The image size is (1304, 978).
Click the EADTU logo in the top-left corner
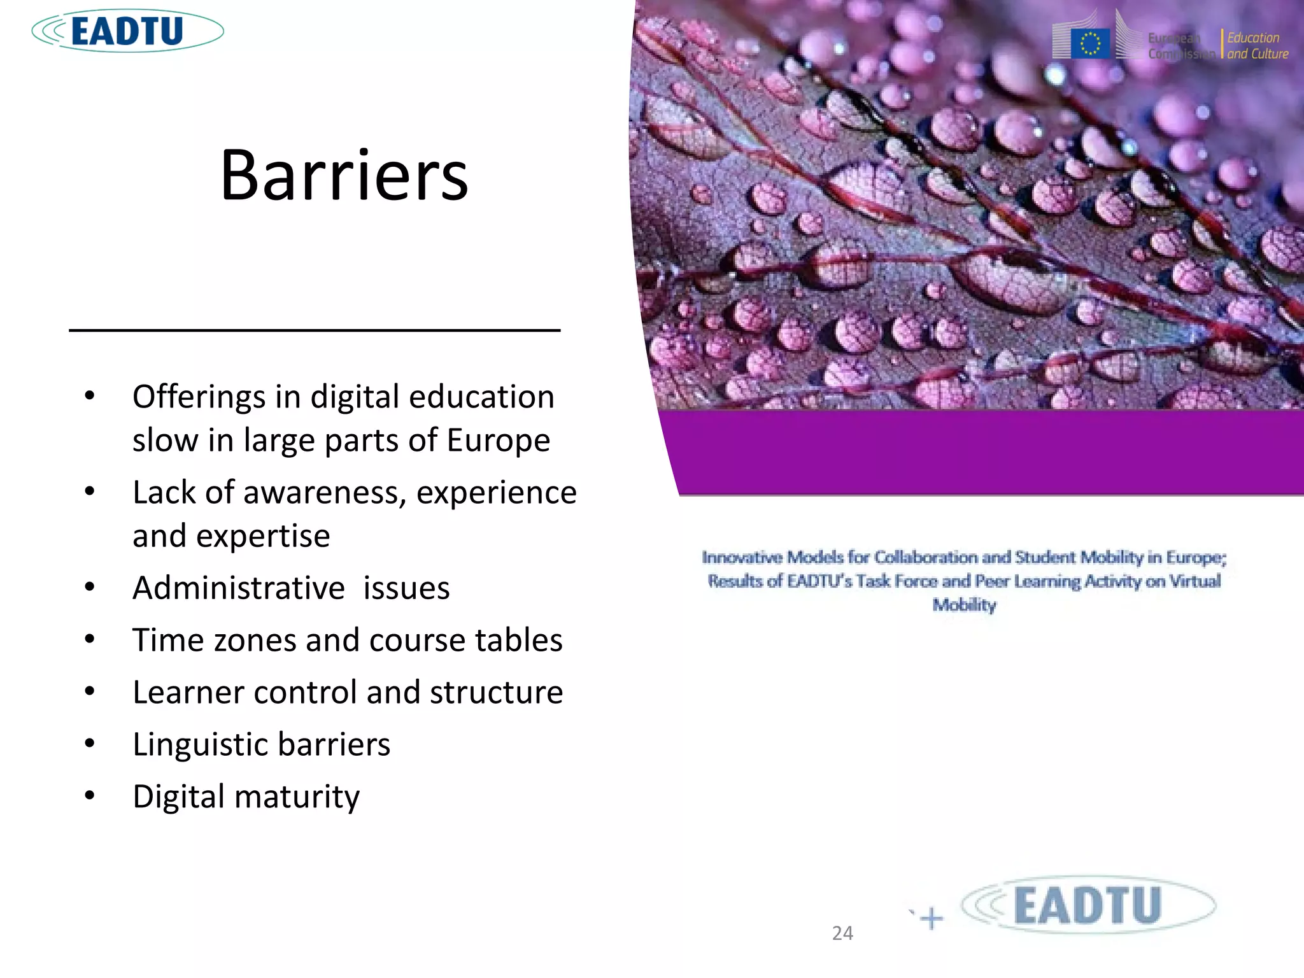pyautogui.click(x=127, y=31)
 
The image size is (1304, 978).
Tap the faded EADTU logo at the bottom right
pyautogui.click(x=1088, y=905)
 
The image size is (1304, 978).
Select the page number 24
pyautogui.click(x=842, y=933)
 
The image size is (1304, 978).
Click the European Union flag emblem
pyautogui.click(x=1090, y=44)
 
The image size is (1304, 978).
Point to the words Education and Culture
pyautogui.click(x=1257, y=46)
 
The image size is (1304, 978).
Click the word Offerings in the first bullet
pyautogui.click(x=199, y=397)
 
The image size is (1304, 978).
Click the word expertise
pyautogui.click(x=263, y=535)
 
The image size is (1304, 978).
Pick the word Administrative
pyautogui.click(x=239, y=588)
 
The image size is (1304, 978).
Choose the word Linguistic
pyautogui.click(x=201, y=744)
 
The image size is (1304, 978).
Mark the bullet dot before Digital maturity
pyautogui.click(x=90, y=795)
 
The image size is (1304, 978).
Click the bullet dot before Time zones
pyautogui.click(x=90, y=639)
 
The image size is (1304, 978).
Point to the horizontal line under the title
pyautogui.click(x=315, y=330)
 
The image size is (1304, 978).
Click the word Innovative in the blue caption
pyautogui.click(x=741, y=558)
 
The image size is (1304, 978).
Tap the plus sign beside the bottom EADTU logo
pyautogui.click(x=932, y=918)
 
